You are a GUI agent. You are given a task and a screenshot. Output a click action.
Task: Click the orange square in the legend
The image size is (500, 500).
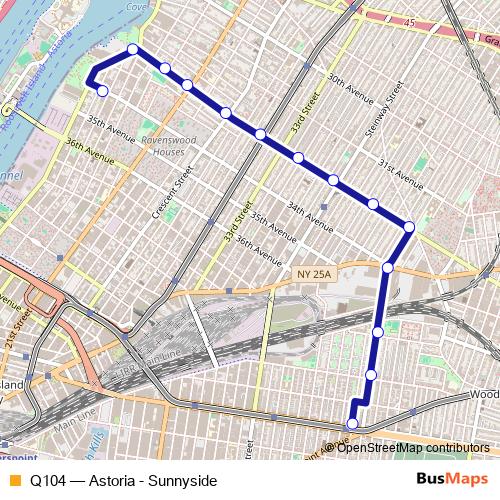[14, 479]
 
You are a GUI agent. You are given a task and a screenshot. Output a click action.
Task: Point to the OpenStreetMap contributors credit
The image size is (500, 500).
[412, 447]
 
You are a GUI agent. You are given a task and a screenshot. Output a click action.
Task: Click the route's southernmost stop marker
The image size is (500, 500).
[352, 423]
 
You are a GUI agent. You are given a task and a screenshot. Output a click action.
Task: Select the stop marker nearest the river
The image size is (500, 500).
[102, 91]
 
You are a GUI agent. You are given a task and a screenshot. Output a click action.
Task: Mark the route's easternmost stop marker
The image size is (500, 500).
[409, 228]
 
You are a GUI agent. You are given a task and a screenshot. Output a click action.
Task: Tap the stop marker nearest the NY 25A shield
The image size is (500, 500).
[388, 267]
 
